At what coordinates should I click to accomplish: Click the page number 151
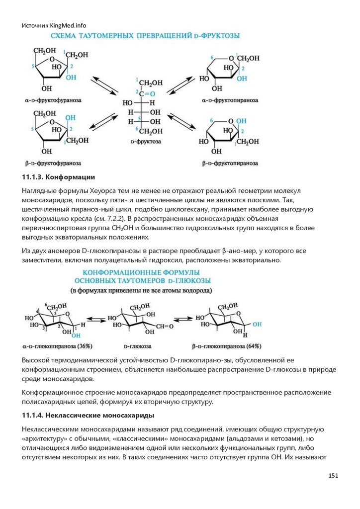(333, 476)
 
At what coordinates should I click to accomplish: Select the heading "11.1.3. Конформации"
(58, 177)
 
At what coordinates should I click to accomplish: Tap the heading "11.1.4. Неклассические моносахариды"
(88, 415)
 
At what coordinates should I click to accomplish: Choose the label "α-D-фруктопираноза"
(230, 100)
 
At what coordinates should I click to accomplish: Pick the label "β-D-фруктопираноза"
(230, 163)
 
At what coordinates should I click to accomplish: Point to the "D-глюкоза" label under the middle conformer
(138, 345)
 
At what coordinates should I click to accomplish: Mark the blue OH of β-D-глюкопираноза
(256, 324)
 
